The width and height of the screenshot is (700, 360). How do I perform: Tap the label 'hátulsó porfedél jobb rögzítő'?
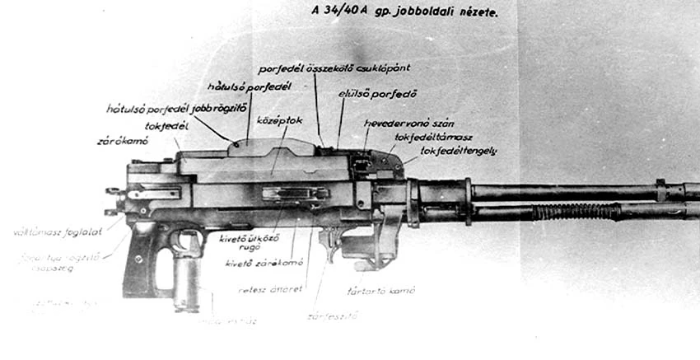point(166,108)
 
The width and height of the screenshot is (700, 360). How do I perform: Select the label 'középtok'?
point(279,120)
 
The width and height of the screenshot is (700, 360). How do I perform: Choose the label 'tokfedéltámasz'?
point(432,138)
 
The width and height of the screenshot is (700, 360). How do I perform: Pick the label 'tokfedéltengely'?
point(457,152)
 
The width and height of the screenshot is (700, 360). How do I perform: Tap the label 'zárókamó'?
point(122,141)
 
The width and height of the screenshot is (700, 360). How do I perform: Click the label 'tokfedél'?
point(166,125)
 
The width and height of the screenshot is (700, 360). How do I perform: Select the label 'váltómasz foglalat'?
point(58,232)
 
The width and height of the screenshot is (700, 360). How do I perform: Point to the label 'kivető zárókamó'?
point(264,263)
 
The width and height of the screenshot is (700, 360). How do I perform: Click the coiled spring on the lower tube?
point(576,213)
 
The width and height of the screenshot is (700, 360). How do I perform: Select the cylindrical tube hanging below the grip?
point(186,284)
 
